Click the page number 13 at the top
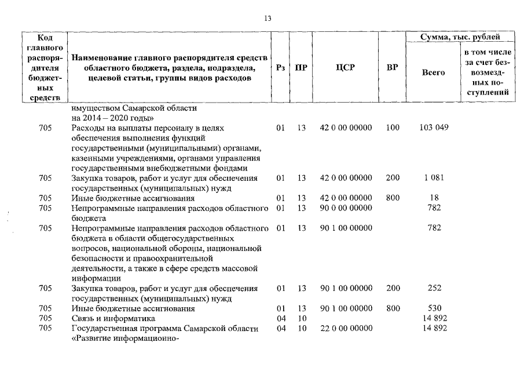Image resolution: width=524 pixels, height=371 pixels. point(268,19)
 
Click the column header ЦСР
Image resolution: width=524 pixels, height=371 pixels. point(346,68)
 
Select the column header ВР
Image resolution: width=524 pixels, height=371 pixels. point(392,68)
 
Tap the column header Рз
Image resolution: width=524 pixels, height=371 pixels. point(280,68)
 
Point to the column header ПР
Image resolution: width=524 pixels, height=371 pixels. point(301,68)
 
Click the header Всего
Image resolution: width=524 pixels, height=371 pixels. point(433,73)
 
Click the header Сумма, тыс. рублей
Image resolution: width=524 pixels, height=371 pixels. point(460,37)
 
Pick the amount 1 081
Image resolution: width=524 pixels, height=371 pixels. point(434,178)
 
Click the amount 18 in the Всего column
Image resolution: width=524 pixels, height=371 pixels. point(434,198)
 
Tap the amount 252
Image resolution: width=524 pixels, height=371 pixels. point(434,288)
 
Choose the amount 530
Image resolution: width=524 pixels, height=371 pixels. point(434,308)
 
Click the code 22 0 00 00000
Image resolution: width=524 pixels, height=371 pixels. point(346,328)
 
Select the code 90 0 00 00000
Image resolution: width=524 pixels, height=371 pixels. point(346,208)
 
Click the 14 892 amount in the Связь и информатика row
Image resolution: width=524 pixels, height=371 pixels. point(434,318)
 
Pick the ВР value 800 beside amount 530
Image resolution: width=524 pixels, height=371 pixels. point(392,308)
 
